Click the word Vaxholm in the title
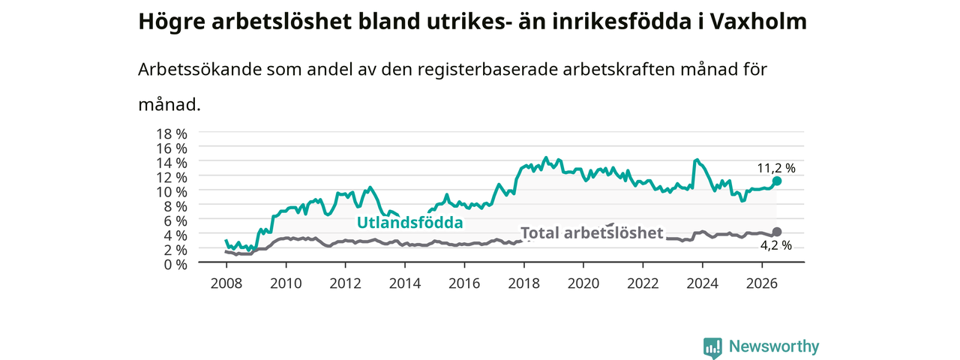click(x=758, y=22)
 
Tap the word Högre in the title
click(x=172, y=22)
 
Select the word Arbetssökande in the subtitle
click(x=199, y=69)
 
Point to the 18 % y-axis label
click(x=172, y=134)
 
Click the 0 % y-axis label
click(x=175, y=265)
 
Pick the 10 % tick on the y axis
click(x=172, y=192)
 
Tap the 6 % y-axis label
click(x=175, y=221)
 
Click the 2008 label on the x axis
click(x=226, y=283)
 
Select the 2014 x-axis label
click(x=404, y=283)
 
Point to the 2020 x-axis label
click(x=583, y=283)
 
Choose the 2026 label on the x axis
click(x=761, y=283)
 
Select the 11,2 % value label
click(x=776, y=168)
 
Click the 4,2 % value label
click(x=776, y=245)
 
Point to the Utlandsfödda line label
click(x=409, y=223)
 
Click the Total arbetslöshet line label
click(x=592, y=233)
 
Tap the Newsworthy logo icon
click(x=713, y=347)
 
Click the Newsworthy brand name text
click(x=774, y=346)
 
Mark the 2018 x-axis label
click(x=523, y=283)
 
